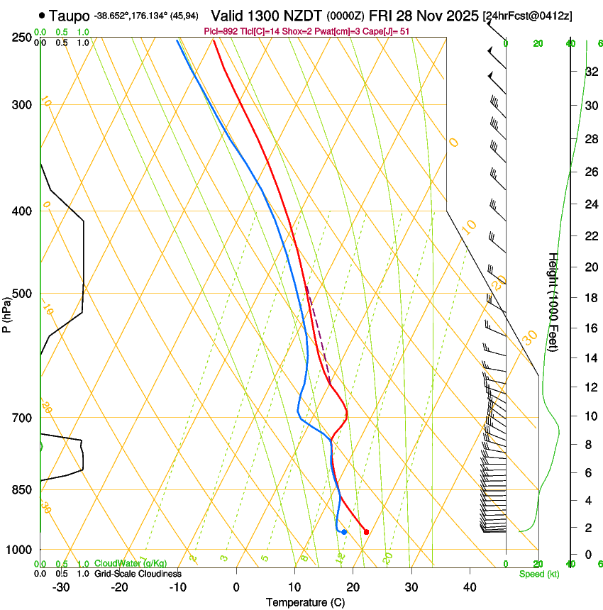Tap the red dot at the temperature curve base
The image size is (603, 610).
point(366,531)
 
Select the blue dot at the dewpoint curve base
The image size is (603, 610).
point(344,531)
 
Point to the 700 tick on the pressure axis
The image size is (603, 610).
point(21,418)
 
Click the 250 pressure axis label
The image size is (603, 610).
point(21,37)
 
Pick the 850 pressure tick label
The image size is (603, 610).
point(21,489)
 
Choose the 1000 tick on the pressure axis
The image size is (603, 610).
point(18,550)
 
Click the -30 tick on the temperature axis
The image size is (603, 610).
point(61,587)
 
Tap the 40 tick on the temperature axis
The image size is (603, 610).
point(469,587)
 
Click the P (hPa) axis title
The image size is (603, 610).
point(7,311)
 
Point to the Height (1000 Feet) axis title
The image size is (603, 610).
point(553,311)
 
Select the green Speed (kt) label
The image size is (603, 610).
point(538,574)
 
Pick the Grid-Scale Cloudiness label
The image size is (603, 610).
point(138,574)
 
